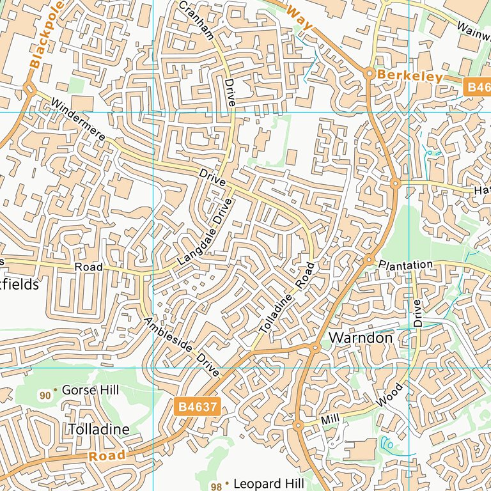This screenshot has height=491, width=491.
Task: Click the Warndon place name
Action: coord(361,337)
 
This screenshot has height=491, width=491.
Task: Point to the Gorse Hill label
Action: coord(90,389)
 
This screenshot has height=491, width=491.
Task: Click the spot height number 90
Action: coord(45,396)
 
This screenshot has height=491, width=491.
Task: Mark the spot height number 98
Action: coord(216,487)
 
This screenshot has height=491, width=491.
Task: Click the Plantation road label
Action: coord(405,265)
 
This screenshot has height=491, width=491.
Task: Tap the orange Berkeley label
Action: coord(410,76)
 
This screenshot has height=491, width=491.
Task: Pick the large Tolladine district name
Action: coord(98,429)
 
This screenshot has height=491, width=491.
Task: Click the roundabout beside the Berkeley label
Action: coord(369,74)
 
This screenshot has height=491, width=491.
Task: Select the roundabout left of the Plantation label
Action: coord(369,260)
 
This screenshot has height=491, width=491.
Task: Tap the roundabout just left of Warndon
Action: coord(315,347)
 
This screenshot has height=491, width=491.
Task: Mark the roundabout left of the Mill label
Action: coord(298,425)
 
